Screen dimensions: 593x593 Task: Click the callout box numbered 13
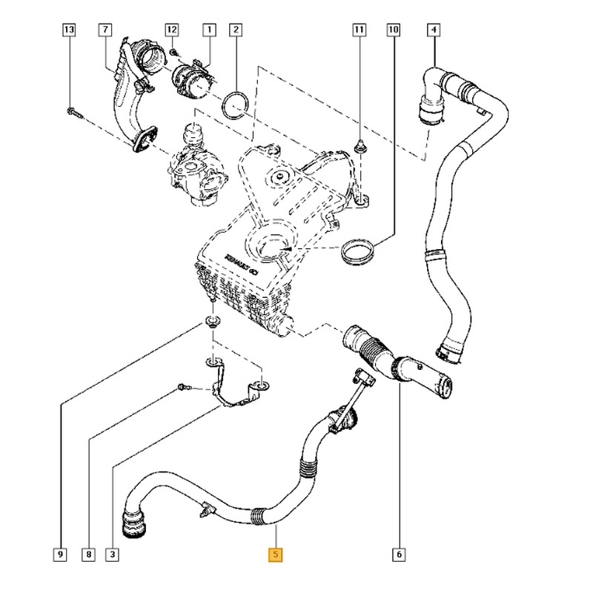tap(69, 30)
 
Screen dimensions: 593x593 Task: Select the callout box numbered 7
tap(105, 30)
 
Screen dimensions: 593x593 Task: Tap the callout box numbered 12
tap(172, 30)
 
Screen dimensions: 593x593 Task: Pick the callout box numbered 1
tap(209, 30)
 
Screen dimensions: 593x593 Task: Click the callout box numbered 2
tap(236, 30)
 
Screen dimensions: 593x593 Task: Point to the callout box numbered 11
tap(359, 30)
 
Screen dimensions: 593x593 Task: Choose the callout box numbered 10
tap(393, 30)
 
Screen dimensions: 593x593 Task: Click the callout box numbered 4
tap(434, 30)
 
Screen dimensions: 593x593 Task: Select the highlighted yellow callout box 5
tap(276, 554)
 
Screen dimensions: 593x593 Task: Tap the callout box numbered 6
tap(399, 554)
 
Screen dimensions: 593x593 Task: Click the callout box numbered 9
tap(60, 554)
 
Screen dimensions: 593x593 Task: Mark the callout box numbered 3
tap(113, 554)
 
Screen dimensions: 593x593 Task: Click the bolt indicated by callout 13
tap(72, 113)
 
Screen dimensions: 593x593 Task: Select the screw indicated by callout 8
tap(184, 387)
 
